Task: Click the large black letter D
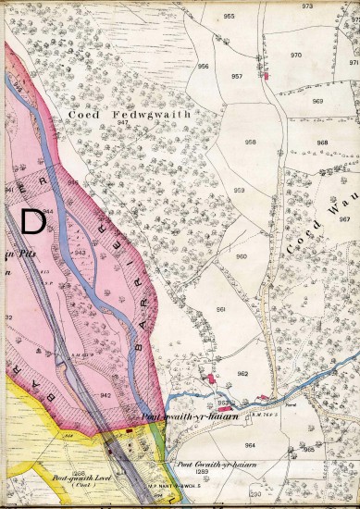coord(32,221)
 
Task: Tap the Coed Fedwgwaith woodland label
coord(129,114)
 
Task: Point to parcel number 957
coord(237,76)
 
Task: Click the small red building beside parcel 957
coord(267,76)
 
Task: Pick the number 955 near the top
coord(229,17)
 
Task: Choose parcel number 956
coord(203,67)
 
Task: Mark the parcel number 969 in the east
coord(317,101)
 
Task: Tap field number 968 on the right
coord(322,143)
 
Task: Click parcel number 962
coord(242,373)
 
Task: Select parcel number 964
coord(249,445)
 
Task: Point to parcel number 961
coord(221,308)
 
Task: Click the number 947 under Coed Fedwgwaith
coord(122,123)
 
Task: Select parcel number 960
coord(242,256)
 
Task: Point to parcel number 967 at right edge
coord(343,219)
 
